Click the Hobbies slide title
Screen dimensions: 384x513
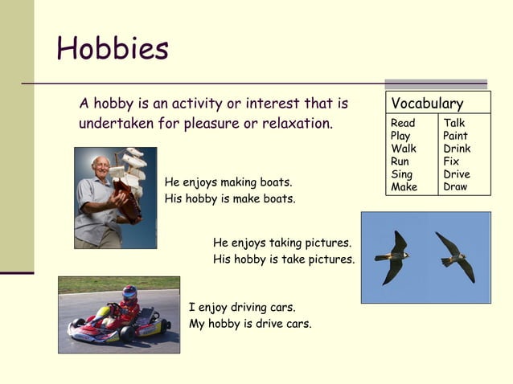click(113, 50)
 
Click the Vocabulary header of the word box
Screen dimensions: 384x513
click(427, 104)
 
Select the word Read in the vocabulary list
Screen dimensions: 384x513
click(403, 123)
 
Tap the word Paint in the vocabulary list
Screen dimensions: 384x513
click(455, 136)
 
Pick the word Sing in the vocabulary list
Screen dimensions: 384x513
click(402, 174)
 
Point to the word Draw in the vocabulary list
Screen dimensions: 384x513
click(455, 187)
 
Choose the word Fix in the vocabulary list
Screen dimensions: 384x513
click(451, 161)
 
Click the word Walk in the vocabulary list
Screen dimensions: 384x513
click(404, 149)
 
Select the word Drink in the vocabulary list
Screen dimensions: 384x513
click(457, 149)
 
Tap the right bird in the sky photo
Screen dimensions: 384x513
click(455, 255)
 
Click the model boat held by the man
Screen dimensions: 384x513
click(129, 181)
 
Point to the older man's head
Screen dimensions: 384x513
click(101, 168)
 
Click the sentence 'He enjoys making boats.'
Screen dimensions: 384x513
click(228, 182)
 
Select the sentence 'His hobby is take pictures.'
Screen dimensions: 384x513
click(284, 259)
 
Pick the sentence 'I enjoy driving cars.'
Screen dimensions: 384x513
click(242, 307)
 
